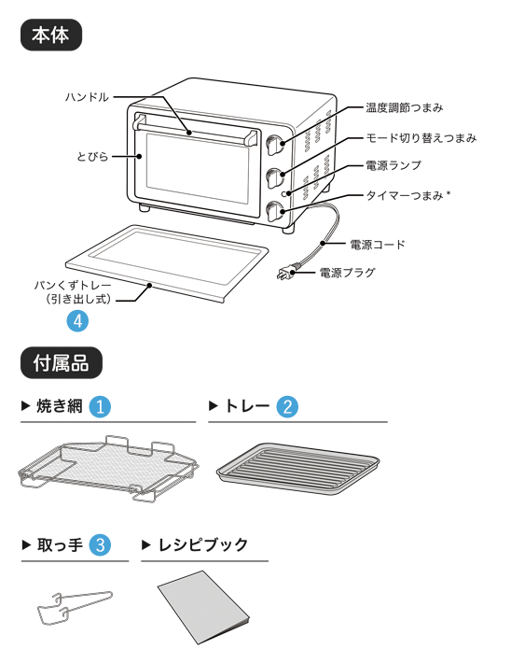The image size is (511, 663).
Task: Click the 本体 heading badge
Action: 51,35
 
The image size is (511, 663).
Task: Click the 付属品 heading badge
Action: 62,363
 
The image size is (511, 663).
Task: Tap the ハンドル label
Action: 87,97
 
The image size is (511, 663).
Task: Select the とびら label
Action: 92,157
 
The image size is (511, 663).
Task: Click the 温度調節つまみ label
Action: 404,107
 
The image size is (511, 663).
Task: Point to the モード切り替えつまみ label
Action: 421,138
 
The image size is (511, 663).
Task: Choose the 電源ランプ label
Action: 394,165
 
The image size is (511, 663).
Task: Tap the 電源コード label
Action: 377,245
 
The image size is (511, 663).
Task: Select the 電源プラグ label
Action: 347,273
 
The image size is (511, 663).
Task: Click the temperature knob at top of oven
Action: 275,145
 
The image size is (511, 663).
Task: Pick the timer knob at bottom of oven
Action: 275,211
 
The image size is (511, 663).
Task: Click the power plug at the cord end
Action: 287,272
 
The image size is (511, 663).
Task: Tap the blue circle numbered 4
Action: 77,321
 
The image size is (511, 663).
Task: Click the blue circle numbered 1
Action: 100,407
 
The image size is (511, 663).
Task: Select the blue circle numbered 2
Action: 287,407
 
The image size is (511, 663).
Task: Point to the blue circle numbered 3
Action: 100,545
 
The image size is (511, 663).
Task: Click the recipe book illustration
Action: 203,608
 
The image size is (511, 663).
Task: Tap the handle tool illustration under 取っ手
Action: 75,608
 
